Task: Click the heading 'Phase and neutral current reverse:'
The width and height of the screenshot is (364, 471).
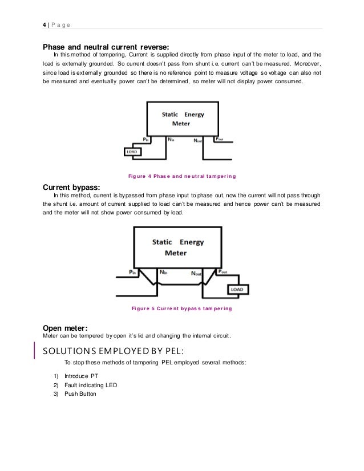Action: (106, 47)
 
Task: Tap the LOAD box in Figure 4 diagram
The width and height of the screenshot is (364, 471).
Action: (133, 152)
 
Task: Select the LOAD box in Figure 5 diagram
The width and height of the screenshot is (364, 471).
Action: (236, 290)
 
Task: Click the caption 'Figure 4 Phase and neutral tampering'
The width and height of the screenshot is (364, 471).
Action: (183, 174)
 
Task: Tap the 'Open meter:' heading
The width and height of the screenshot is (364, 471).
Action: (66, 327)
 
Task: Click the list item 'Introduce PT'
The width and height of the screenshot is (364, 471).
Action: (81, 376)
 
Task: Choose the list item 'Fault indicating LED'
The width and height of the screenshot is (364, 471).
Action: (91, 385)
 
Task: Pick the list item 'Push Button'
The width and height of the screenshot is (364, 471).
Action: (80, 394)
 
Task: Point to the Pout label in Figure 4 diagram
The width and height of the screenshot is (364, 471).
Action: (219, 139)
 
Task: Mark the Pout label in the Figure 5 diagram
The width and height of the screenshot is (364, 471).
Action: (224, 273)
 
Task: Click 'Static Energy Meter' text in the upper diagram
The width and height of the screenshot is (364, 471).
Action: (183, 118)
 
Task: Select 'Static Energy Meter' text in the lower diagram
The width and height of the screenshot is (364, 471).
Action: (177, 247)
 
